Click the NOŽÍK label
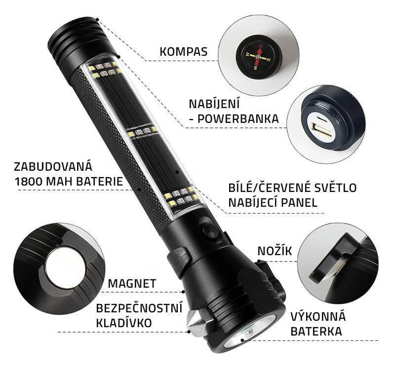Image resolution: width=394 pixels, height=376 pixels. point(275,251)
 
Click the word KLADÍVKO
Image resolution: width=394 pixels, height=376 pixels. point(124,323)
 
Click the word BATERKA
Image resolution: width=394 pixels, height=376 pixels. point(316,331)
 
